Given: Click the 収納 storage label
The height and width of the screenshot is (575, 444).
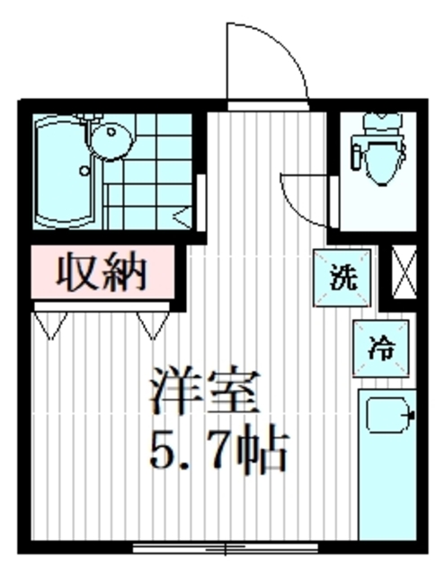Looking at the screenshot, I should [101, 270].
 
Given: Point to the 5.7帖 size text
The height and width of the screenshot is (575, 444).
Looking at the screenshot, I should [218, 449].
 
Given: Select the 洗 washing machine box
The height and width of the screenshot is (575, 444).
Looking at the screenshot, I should [342, 276].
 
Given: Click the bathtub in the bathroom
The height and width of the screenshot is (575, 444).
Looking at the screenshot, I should [62, 171].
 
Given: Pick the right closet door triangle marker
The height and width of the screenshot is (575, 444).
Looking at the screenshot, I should [153, 323].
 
